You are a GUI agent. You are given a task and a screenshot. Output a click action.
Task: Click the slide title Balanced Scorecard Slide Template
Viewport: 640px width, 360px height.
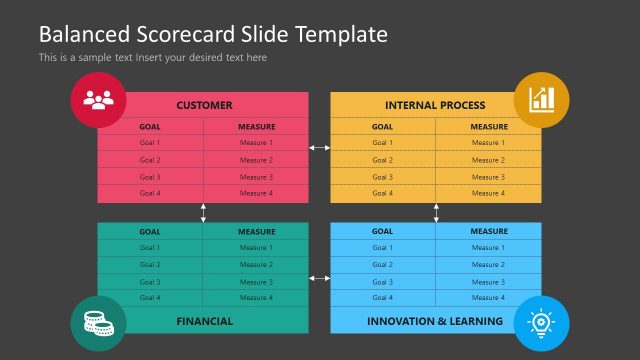click(x=212, y=34)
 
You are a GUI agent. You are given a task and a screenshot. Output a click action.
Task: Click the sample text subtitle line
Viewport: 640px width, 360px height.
click(x=152, y=58)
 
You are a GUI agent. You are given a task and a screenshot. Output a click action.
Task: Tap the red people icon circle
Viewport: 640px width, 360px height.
click(x=98, y=100)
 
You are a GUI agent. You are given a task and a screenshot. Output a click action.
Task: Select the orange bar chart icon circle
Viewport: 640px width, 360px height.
click(x=542, y=100)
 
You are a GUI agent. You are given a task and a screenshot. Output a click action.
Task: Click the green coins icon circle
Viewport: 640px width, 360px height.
click(x=98, y=322)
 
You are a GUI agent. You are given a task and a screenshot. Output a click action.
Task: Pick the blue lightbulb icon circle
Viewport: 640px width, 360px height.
click(x=542, y=322)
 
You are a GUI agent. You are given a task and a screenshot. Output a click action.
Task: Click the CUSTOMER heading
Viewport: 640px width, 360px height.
click(x=204, y=105)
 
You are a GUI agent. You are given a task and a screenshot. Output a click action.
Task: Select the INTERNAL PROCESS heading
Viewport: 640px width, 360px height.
click(x=435, y=105)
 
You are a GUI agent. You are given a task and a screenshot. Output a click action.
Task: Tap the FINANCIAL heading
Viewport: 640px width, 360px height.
click(x=204, y=321)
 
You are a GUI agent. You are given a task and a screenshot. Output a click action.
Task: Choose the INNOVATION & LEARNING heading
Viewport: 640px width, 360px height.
click(x=435, y=321)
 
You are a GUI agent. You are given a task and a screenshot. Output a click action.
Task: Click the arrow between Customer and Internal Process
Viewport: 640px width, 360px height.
click(x=318, y=148)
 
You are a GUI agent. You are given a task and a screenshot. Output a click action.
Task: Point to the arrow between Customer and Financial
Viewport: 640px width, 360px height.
click(x=203, y=212)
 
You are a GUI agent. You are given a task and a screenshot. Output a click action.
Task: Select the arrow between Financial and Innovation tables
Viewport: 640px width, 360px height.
click(x=318, y=277)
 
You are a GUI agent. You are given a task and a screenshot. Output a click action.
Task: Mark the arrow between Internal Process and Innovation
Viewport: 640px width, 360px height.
click(x=436, y=212)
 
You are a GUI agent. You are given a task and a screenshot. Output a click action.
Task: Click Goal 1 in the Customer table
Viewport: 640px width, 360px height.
click(x=150, y=143)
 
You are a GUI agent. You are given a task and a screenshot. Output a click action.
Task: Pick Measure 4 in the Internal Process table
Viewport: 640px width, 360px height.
click(x=488, y=193)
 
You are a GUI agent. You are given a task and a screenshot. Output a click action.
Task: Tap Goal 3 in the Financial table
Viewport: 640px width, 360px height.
click(x=150, y=282)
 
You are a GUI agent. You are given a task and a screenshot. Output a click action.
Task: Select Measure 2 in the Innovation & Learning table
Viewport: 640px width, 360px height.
click(x=488, y=265)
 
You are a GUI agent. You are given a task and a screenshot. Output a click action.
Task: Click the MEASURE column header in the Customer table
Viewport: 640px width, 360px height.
click(x=256, y=127)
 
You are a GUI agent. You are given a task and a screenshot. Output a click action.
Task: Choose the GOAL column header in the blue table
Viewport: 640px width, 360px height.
click(x=382, y=231)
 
